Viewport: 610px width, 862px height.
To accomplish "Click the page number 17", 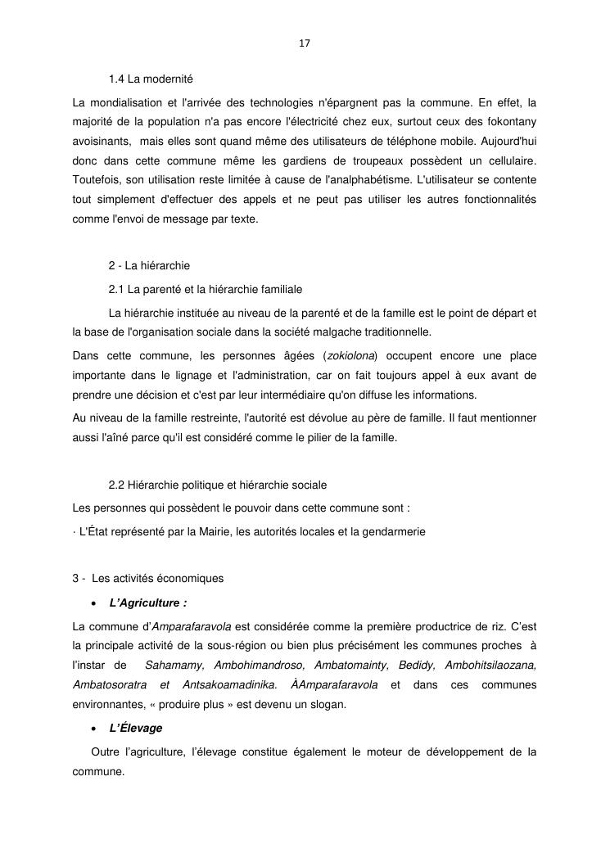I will pos(305,43).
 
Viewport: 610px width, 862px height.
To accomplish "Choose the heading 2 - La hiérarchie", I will pos(149,265).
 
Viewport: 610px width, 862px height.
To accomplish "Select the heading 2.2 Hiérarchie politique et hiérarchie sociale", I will pos(217,485).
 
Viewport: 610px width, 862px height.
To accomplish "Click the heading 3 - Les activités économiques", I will pos(148,578).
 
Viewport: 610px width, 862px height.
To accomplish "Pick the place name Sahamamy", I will pos(173,666).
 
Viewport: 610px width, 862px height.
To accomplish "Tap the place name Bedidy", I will pos(416,666).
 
